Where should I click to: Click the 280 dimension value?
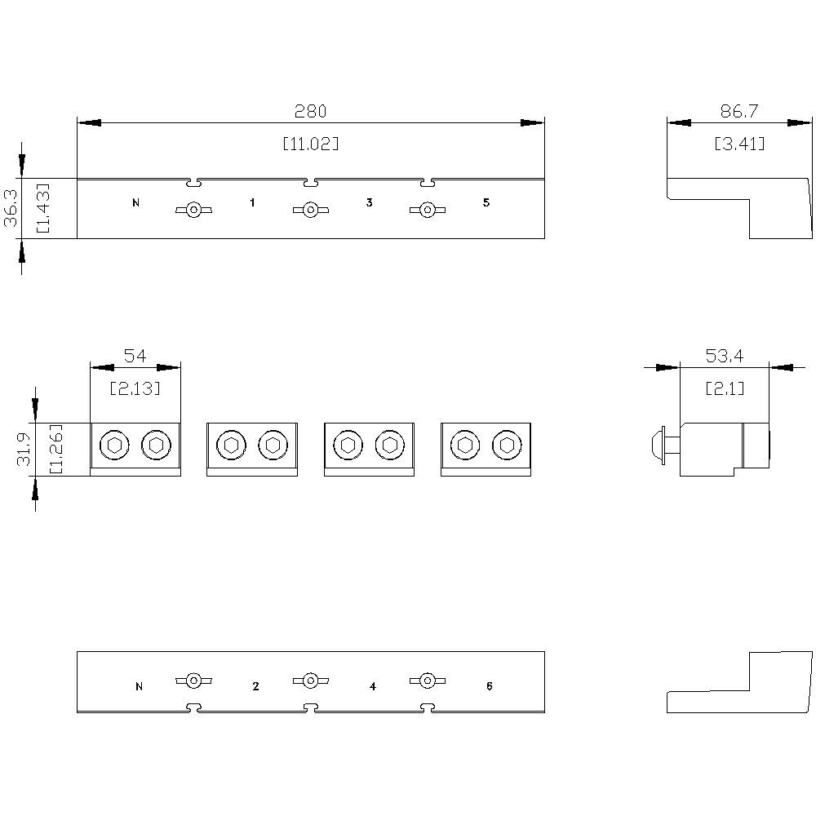point(310,111)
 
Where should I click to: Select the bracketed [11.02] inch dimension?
point(311,144)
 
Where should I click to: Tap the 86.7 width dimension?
point(739,111)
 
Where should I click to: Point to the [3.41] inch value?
point(739,144)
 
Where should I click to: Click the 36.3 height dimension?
point(11,208)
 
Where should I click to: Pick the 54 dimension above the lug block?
point(135,356)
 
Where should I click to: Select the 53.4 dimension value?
point(725,356)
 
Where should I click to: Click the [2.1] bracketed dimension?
point(725,388)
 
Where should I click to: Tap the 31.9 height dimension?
point(24,449)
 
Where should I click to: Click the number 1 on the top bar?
point(252,202)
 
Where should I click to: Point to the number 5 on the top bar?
point(486,202)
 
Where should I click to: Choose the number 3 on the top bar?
point(369,202)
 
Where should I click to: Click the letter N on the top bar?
point(135,203)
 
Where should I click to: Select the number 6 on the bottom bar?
point(489,686)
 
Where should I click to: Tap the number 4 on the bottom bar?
point(373,686)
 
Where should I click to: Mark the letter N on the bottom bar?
point(139,686)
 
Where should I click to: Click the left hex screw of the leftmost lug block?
point(114,445)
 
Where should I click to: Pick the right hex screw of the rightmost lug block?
point(507,445)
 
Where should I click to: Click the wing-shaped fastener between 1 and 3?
point(311,211)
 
